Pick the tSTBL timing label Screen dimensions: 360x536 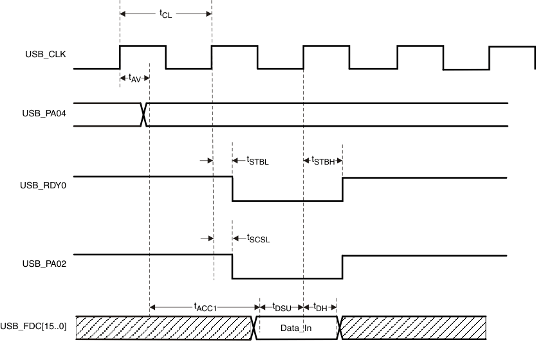point(257,161)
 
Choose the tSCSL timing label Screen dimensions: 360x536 point(258,239)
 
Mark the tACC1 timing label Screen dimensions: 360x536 point(204,307)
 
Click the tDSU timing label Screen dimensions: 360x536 point(281,307)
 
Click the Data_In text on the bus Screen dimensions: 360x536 point(297,328)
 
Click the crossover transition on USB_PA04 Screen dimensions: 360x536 point(145,114)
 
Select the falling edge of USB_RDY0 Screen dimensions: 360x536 point(232,188)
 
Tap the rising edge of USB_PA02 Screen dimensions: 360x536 point(342,267)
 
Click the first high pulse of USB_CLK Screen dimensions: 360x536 point(142,46)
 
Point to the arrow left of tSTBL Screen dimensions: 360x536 point(207,161)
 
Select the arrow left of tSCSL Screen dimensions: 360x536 point(207,238)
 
